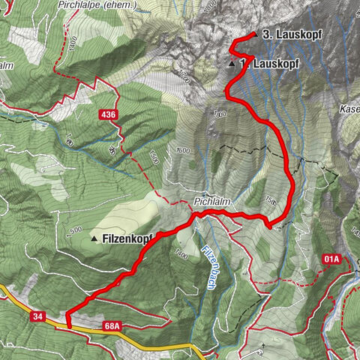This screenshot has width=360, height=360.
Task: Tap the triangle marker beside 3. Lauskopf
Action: [x=254, y=34]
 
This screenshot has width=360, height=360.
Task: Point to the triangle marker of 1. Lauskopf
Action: [x=232, y=65]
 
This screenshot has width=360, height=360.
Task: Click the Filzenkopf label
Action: [x=127, y=238]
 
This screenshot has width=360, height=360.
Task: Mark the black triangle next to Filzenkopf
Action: [x=94, y=238]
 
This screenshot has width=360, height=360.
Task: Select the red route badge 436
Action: [x=109, y=114]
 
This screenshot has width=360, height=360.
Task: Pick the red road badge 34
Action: [x=39, y=317]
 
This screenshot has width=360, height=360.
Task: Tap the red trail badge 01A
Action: [x=332, y=259]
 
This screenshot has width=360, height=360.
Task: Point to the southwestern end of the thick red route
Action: [x=68, y=325]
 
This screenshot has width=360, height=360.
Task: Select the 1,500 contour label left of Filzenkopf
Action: [x=74, y=229]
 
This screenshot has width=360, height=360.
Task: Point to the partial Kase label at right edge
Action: [x=349, y=109]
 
